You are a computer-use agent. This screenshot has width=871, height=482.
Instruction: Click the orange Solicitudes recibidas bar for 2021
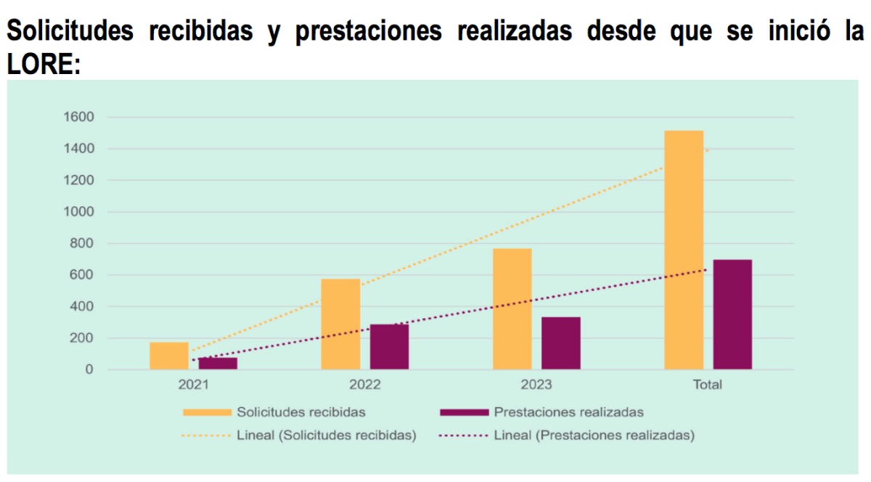pyautogui.click(x=169, y=356)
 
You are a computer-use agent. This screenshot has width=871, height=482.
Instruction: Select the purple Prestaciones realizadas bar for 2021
pyautogui.click(x=218, y=364)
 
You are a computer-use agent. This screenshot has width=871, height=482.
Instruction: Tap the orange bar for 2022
pyautogui.click(x=340, y=324)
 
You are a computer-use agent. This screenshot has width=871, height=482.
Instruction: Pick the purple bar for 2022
pyautogui.click(x=389, y=347)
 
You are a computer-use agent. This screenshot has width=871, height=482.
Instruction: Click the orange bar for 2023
pyautogui.click(x=512, y=309)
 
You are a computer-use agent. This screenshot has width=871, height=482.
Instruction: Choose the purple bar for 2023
pyautogui.click(x=560, y=343)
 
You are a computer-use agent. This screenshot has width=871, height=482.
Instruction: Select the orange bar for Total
pyautogui.click(x=683, y=250)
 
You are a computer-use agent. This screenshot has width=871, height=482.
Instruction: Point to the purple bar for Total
pyautogui.click(x=732, y=314)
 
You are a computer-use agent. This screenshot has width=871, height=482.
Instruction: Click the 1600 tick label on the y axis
pyautogui.click(x=79, y=117)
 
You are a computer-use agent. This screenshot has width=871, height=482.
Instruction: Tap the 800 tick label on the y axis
pyautogui.click(x=83, y=243)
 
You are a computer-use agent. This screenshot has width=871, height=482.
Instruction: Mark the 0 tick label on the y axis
pyautogui.click(x=89, y=369)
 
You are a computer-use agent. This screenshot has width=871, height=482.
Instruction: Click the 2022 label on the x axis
pyautogui.click(x=365, y=385)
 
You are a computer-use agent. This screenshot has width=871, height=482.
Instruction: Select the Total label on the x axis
pyautogui.click(x=708, y=385)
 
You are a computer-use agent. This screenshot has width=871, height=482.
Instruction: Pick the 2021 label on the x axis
pyautogui.click(x=193, y=385)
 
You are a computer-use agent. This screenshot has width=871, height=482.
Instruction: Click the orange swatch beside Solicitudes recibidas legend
pyautogui.click(x=206, y=412)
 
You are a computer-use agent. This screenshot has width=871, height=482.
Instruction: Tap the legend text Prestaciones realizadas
pyautogui.click(x=568, y=412)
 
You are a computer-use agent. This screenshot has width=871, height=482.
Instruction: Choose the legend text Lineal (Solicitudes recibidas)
pyautogui.click(x=326, y=436)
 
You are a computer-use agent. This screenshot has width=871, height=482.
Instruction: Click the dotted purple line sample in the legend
pyautogui.click(x=463, y=436)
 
